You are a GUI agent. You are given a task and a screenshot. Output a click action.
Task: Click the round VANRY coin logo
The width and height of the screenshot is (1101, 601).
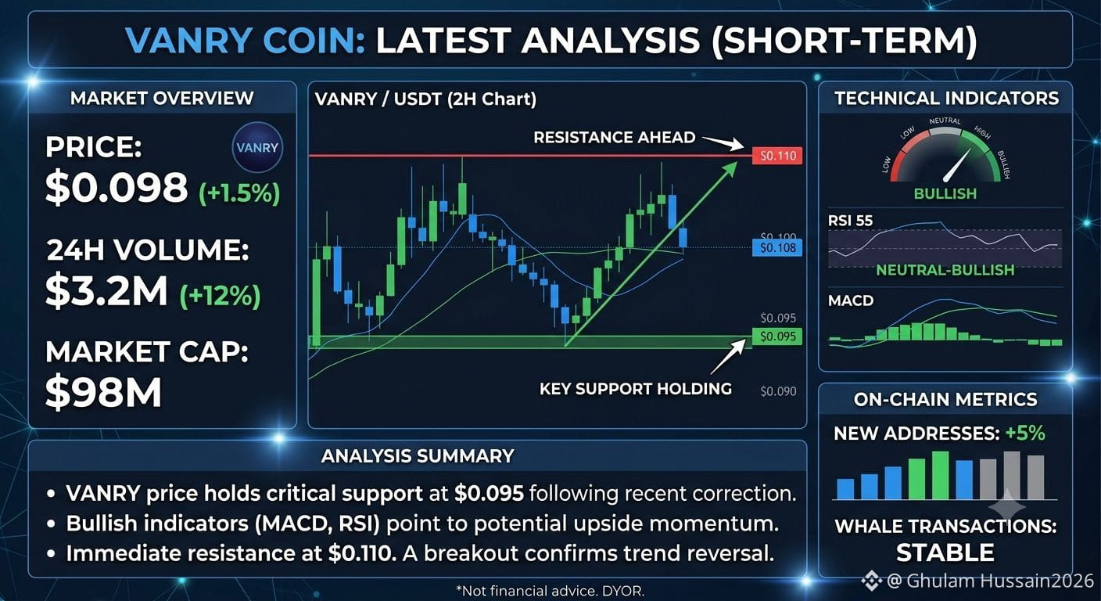[x=257, y=147]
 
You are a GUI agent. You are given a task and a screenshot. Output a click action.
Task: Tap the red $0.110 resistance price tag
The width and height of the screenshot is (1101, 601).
[x=777, y=156]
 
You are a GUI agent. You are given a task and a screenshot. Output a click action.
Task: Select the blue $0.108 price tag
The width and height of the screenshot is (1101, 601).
[x=777, y=248]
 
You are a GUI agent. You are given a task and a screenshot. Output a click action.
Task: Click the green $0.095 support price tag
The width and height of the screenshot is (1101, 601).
[x=777, y=336]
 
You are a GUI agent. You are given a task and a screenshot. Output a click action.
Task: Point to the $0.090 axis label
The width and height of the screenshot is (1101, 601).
[x=778, y=391]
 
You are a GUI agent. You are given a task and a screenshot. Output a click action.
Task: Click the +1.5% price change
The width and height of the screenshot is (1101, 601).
[x=239, y=193]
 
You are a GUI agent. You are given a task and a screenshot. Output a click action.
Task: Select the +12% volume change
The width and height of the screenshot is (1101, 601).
[x=220, y=296]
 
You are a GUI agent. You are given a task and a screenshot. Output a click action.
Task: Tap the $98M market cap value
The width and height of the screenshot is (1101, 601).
[x=103, y=391]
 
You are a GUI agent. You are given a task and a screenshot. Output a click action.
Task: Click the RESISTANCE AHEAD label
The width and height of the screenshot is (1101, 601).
[x=615, y=137]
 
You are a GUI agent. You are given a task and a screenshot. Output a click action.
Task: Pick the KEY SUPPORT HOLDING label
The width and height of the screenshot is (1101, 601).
[x=636, y=388]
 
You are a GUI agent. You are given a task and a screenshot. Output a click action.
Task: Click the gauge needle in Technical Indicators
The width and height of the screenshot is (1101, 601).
[x=957, y=164]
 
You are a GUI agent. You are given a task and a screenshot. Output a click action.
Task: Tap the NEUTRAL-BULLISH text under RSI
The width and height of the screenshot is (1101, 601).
[x=945, y=270]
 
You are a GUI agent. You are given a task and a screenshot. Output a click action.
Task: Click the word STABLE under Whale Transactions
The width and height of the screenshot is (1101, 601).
[x=945, y=552]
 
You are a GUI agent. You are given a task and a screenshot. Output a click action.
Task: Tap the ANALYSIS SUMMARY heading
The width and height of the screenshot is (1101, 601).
[x=418, y=456]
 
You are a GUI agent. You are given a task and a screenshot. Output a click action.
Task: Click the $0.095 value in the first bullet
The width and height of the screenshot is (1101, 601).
[x=489, y=493]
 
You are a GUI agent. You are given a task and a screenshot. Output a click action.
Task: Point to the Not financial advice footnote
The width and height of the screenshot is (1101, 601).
[x=550, y=591]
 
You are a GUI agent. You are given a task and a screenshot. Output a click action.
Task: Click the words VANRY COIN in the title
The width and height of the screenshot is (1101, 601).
[x=246, y=40]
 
